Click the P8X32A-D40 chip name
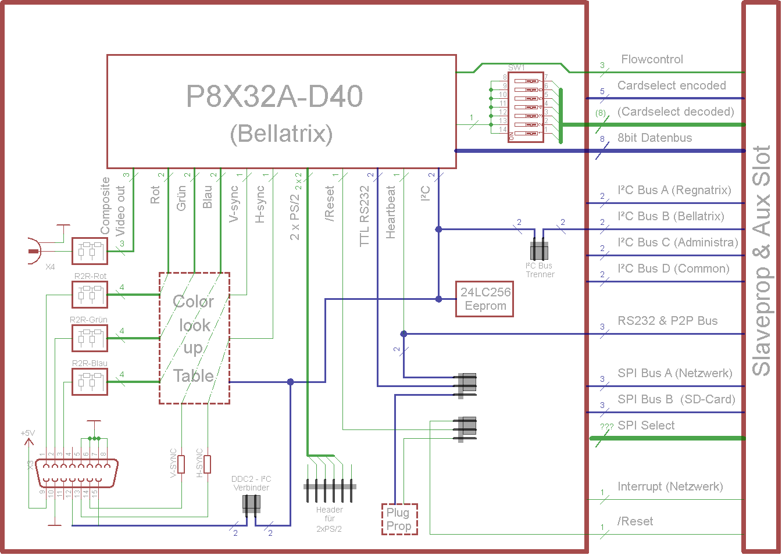(274, 96)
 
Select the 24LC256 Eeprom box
(485, 299)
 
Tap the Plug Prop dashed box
(399, 519)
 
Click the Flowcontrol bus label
(652, 59)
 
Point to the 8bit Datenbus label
(655, 138)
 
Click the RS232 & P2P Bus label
(667, 321)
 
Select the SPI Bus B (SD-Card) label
(676, 399)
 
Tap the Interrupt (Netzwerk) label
(670, 486)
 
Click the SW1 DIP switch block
(526, 107)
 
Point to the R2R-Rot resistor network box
(90, 294)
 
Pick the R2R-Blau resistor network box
(90, 381)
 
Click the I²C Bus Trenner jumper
(539, 251)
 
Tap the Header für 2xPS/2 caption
(329, 519)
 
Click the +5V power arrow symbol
(28, 442)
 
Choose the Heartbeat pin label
(391, 212)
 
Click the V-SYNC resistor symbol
(181, 464)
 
